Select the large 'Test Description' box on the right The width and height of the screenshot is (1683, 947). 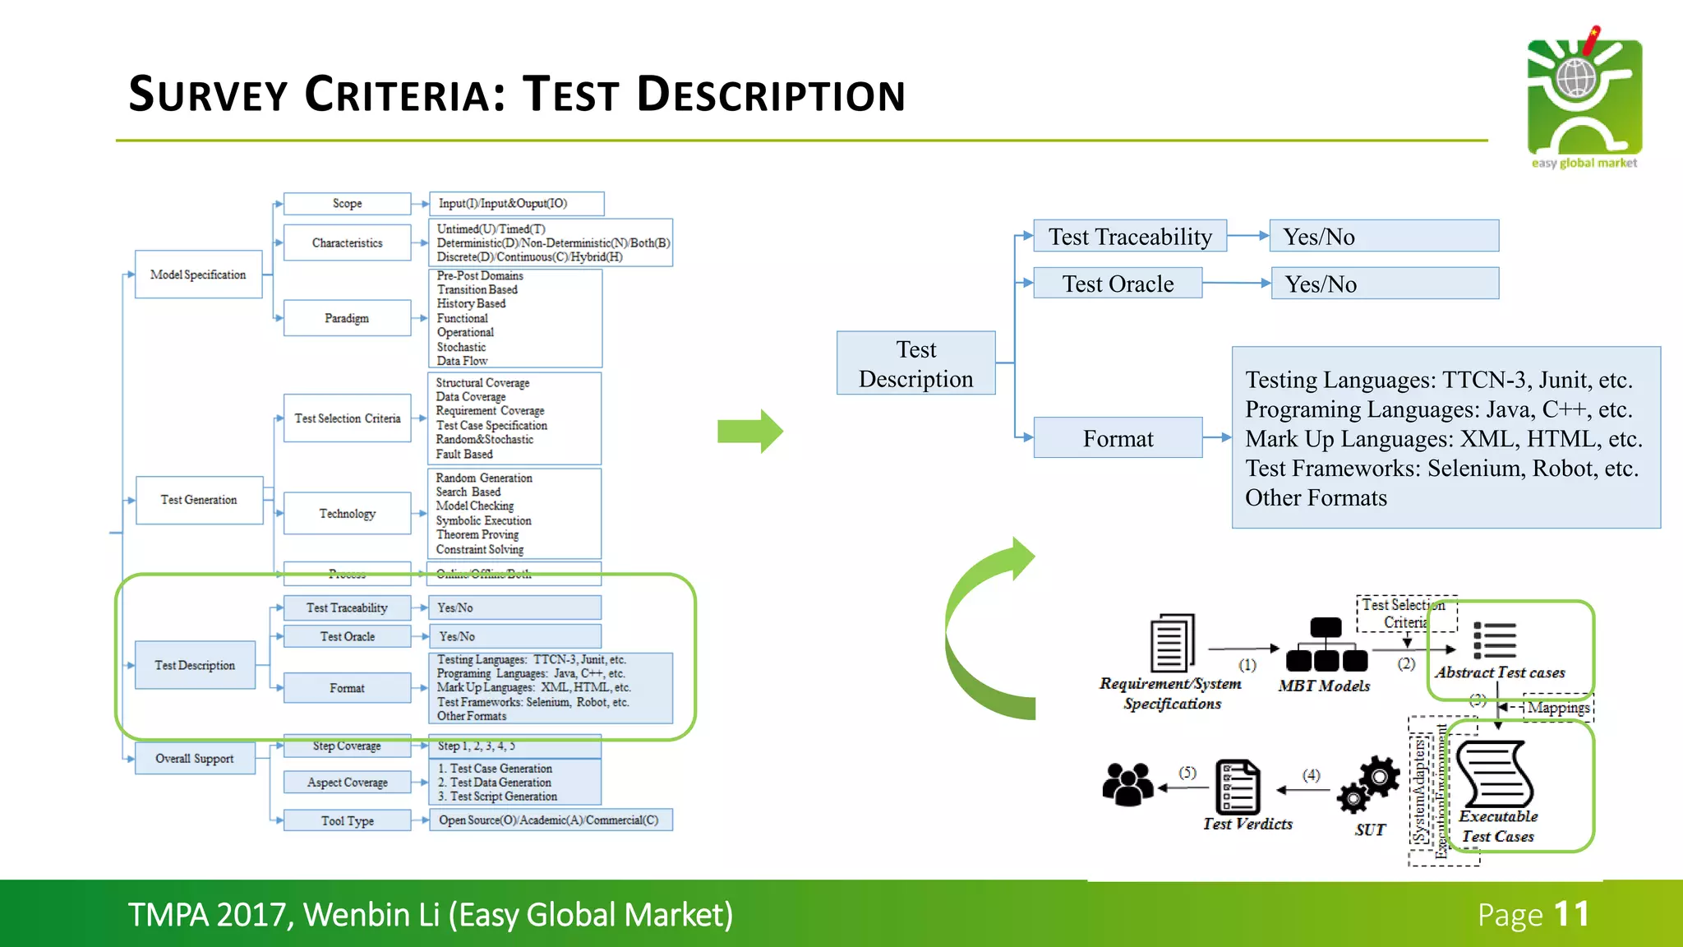[x=915, y=363]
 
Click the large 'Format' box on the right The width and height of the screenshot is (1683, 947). [x=1118, y=438]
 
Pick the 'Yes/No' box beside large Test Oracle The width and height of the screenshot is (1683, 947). [x=1385, y=284]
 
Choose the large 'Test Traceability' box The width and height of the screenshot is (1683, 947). [x=1129, y=237]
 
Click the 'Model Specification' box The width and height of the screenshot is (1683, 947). [x=198, y=275]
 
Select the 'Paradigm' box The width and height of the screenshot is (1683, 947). [x=347, y=318]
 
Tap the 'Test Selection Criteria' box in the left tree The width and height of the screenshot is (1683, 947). [x=347, y=418]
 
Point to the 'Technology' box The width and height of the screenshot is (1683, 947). [x=347, y=514]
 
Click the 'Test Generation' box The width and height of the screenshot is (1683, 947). [x=199, y=500]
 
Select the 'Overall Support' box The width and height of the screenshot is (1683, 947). [x=195, y=759]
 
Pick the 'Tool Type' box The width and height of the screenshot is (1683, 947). [x=347, y=820]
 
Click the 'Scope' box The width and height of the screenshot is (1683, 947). [x=347, y=204]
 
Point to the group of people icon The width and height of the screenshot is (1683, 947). [x=1127, y=784]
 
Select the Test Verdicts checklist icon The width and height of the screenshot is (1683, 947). [x=1238, y=787]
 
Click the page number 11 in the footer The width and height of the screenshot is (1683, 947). [x=1571, y=915]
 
